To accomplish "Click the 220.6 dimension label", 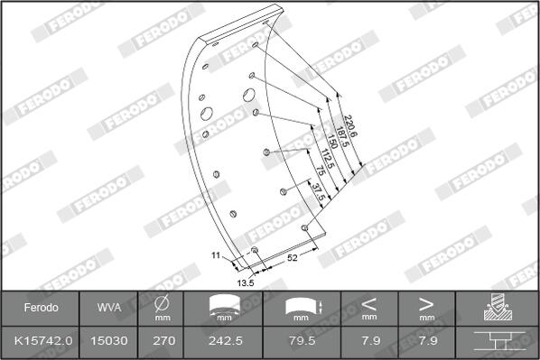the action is point(350,126).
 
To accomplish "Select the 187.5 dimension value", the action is point(342,137).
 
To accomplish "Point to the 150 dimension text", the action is point(332,141).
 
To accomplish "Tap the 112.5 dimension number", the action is point(327,159).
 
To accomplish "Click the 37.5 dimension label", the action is point(319,192).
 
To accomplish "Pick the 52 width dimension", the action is point(292,257).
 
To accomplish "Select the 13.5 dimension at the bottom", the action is point(246,283).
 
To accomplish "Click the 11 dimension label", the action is point(216,255).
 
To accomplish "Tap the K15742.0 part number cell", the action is point(43,341).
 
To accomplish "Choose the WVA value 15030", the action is point(109,341).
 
